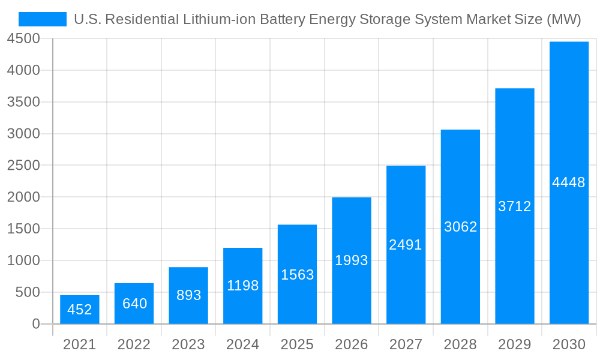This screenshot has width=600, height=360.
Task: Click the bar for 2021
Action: pos(80,310)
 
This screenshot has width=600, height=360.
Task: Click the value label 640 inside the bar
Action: pos(134,304)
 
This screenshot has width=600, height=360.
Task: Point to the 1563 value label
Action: pos(298,275)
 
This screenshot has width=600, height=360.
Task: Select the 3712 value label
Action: pos(515,206)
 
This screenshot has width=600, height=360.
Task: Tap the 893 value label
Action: pos(189,295)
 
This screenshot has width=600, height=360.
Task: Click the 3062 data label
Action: pos(461,227)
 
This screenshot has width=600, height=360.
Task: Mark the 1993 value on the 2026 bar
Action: pos(352,260)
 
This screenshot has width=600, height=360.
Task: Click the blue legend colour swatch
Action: pos(43,19)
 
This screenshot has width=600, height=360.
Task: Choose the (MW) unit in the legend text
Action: pos(563,19)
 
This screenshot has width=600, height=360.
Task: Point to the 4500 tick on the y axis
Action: pos(23,39)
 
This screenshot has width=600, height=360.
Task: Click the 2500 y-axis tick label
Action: pos(23,166)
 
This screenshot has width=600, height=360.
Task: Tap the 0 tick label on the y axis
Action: pos(36,324)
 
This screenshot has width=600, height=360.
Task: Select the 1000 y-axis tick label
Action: pos(23,260)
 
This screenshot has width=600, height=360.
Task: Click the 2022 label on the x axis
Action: pos(134,344)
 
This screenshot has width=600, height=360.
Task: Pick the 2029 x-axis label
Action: pos(515,344)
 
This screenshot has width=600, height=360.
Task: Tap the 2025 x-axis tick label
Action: pos(297,344)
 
